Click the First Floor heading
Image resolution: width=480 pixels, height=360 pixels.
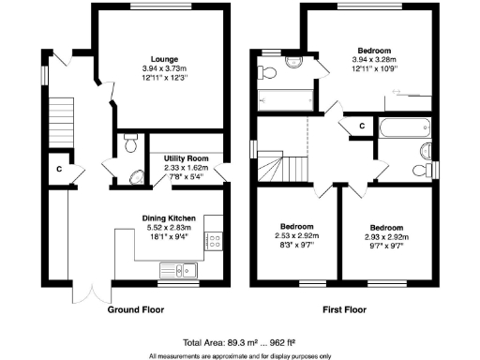point(349,309)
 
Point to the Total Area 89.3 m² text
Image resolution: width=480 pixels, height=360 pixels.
point(239,342)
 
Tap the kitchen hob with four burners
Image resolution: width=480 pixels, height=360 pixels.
point(213,241)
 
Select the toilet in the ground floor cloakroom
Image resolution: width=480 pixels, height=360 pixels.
point(130,143)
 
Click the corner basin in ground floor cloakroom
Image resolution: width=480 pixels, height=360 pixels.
point(135,175)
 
